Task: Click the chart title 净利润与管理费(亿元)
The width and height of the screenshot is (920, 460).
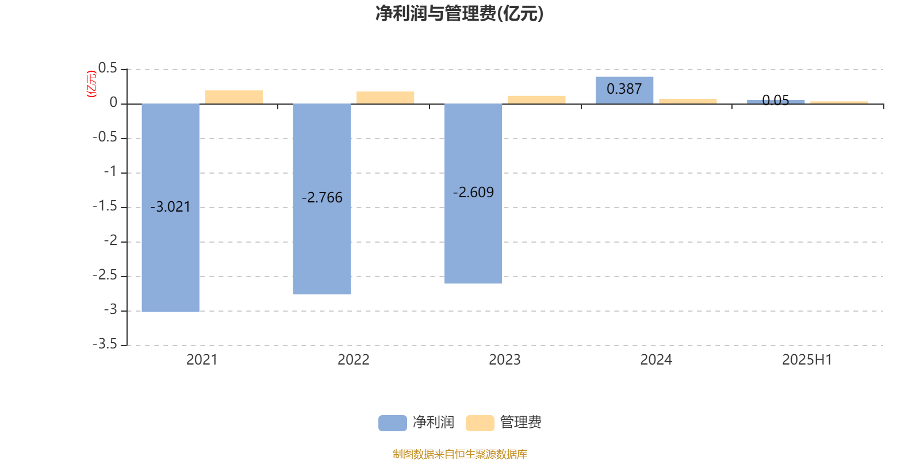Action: [459, 14]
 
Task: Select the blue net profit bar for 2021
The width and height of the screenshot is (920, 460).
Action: [170, 208]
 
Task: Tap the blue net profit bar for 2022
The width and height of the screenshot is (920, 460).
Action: [322, 199]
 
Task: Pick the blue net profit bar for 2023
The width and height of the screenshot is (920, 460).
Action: [473, 193]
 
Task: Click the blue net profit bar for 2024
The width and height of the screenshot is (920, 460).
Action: [624, 90]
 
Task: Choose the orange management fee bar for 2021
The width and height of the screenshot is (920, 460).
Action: [234, 97]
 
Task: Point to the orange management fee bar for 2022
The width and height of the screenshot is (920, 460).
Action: [385, 97]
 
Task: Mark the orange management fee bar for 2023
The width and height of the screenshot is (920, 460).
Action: [536, 100]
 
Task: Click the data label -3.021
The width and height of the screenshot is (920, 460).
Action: [170, 206]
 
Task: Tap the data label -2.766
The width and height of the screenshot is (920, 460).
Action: [322, 198]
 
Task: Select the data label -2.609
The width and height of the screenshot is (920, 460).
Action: [473, 192]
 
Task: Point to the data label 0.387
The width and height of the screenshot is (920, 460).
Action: [624, 89]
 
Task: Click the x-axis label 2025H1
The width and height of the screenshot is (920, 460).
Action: [807, 360]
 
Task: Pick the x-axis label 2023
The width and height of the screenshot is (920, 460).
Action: [505, 360]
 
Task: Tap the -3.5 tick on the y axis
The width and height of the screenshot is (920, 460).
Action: [105, 344]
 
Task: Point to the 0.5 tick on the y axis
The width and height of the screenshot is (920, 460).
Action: [108, 68]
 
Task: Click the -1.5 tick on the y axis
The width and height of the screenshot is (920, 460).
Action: [105, 206]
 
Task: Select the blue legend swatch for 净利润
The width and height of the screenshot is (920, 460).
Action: [393, 423]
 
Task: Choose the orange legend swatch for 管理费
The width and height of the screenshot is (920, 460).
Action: [480, 423]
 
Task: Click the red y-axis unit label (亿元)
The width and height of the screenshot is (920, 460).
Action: [91, 84]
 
